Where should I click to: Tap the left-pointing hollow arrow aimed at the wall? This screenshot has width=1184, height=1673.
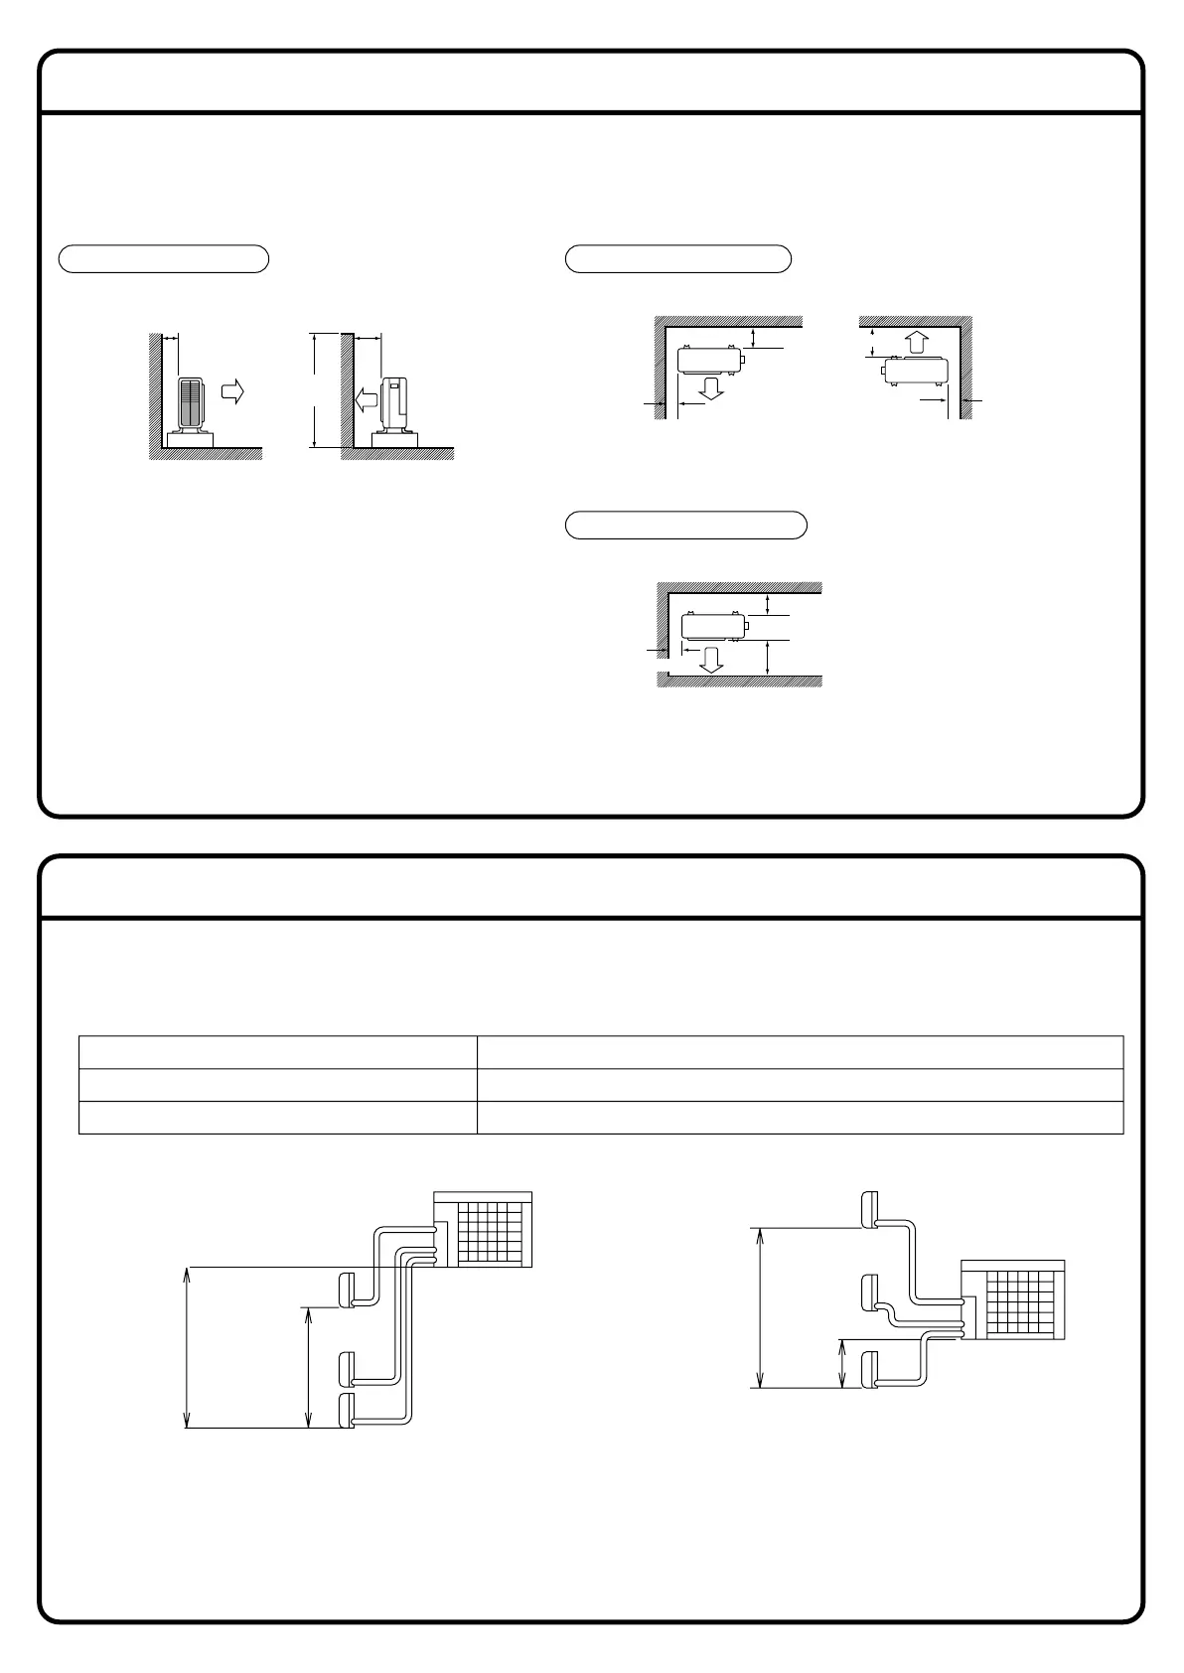(365, 400)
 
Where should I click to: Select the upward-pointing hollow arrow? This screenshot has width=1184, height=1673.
(918, 343)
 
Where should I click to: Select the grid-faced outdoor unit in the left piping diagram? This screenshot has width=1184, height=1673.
(484, 1229)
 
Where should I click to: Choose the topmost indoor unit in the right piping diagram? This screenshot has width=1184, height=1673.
(869, 1208)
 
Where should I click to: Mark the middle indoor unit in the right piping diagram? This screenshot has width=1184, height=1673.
(869, 1293)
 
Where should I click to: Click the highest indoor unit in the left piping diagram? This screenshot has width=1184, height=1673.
(347, 1290)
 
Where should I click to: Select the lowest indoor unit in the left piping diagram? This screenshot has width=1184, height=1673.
(347, 1411)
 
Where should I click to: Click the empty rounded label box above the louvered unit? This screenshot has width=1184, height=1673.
(164, 258)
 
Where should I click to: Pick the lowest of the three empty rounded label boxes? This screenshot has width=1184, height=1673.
(685, 525)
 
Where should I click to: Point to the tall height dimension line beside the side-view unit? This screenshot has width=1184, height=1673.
(314, 390)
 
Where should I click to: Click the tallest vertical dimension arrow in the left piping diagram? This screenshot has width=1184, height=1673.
(187, 1347)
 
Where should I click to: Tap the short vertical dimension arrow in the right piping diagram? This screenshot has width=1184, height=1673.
(842, 1363)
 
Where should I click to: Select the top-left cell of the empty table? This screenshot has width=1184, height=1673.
(277, 1052)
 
